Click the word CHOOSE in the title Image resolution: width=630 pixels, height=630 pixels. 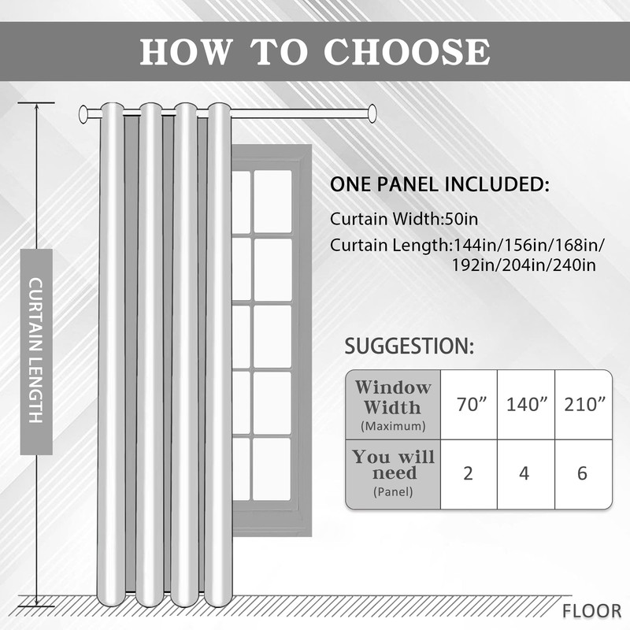[x=406, y=51]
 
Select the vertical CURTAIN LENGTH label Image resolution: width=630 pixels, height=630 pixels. [x=36, y=351]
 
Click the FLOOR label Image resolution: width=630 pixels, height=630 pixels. [x=591, y=610]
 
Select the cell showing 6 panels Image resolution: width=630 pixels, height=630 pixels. [x=583, y=474]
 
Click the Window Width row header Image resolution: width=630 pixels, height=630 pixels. [x=393, y=404]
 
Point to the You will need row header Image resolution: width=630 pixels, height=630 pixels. [x=393, y=473]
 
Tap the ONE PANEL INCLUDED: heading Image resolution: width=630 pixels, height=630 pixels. [x=439, y=185]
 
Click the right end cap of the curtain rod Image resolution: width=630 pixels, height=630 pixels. [x=372, y=114]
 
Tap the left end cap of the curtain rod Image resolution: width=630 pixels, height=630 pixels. [x=83, y=115]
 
